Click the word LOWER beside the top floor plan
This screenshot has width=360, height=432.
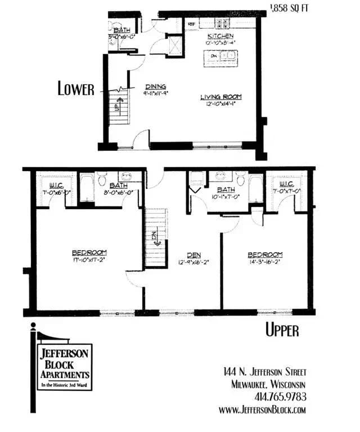click(x=76, y=89)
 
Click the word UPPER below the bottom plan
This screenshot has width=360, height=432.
click(x=282, y=330)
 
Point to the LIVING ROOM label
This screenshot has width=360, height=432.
click(x=218, y=97)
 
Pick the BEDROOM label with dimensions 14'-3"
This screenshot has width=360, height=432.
click(x=265, y=254)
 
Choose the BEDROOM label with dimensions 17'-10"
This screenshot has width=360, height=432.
click(x=89, y=253)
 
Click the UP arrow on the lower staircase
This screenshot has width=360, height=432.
click(x=117, y=105)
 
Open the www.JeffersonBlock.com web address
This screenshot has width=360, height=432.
click(x=262, y=409)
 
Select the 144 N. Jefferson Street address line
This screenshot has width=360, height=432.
click(x=264, y=372)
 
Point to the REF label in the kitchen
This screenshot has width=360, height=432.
click(x=191, y=24)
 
